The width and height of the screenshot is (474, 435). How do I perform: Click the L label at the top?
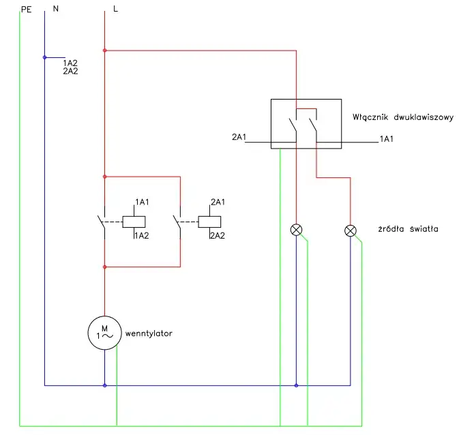pos(116,10)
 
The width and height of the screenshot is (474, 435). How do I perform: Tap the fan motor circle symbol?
pos(104,333)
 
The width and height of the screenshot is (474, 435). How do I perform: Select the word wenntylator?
pos(149,334)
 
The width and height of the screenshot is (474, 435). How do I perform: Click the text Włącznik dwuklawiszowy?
pos(403,117)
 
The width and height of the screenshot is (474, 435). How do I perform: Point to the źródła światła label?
pos(406,229)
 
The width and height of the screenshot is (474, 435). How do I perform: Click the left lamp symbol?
pos(296,230)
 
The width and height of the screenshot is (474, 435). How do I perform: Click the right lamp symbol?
pos(351,230)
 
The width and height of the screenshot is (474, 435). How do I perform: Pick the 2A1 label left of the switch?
pos(239,138)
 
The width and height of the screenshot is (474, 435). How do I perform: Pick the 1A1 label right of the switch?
pos(387,138)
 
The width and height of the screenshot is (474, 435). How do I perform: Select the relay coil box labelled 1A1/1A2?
pos(133,221)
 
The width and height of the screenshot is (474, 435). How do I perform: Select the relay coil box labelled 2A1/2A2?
pos(208,221)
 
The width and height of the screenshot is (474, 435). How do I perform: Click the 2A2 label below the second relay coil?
pos(218,236)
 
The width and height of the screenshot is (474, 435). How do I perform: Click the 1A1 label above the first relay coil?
pos(142,202)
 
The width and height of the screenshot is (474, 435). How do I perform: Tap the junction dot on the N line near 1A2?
pos(44,57)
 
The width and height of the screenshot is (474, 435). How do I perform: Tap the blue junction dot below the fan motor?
pos(104,386)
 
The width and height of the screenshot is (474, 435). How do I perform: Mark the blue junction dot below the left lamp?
pos(296,386)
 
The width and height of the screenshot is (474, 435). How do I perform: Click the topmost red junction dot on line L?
pos(104,50)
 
